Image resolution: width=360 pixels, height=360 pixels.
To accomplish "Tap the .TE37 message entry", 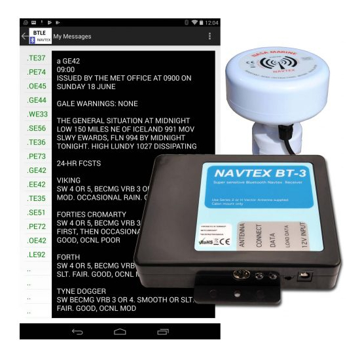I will [x=36, y=58].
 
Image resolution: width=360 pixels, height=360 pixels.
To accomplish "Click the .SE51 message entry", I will [x=36, y=212].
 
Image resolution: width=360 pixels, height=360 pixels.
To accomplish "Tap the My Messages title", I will [x=72, y=36].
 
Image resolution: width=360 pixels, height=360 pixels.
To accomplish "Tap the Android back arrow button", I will [x=77, y=333].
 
